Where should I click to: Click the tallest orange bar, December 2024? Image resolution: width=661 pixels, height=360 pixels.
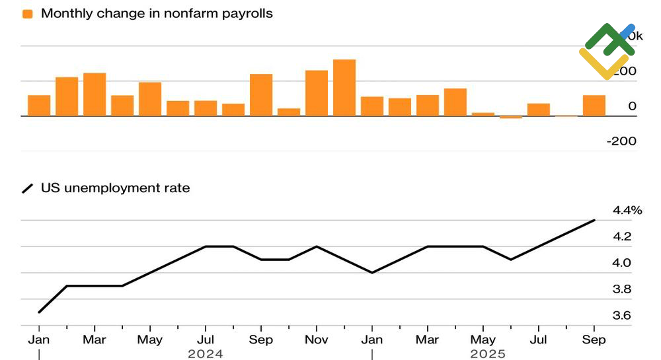tap(344, 88)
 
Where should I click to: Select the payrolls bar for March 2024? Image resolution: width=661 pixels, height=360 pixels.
tap(95, 94)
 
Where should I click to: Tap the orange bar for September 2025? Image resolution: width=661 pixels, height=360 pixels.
tap(594, 106)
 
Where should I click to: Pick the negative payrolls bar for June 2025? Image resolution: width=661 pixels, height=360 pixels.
tap(510, 118)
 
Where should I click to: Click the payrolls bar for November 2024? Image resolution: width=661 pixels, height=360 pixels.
tap(317, 93)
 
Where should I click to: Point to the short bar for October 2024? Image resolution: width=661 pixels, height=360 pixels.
tap(289, 112)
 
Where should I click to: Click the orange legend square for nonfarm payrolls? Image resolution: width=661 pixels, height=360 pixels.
tap(27, 14)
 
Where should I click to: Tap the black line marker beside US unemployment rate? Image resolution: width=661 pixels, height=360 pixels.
tap(27, 189)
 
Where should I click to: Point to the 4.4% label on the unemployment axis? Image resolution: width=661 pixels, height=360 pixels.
tap(627, 211)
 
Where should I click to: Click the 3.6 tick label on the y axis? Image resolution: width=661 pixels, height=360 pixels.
tap(621, 316)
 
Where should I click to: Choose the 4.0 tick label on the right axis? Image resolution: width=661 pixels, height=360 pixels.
tap(621, 263)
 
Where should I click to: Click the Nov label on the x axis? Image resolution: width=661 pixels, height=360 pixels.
tap(317, 340)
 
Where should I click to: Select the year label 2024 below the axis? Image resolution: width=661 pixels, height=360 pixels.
tap(206, 354)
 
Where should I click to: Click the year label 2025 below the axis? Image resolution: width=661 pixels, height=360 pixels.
tap(487, 354)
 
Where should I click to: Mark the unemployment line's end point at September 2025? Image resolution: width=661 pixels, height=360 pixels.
tap(594, 221)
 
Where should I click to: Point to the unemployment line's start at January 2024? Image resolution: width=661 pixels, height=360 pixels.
tap(40, 312)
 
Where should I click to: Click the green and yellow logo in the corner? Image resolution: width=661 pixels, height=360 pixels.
tap(606, 50)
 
